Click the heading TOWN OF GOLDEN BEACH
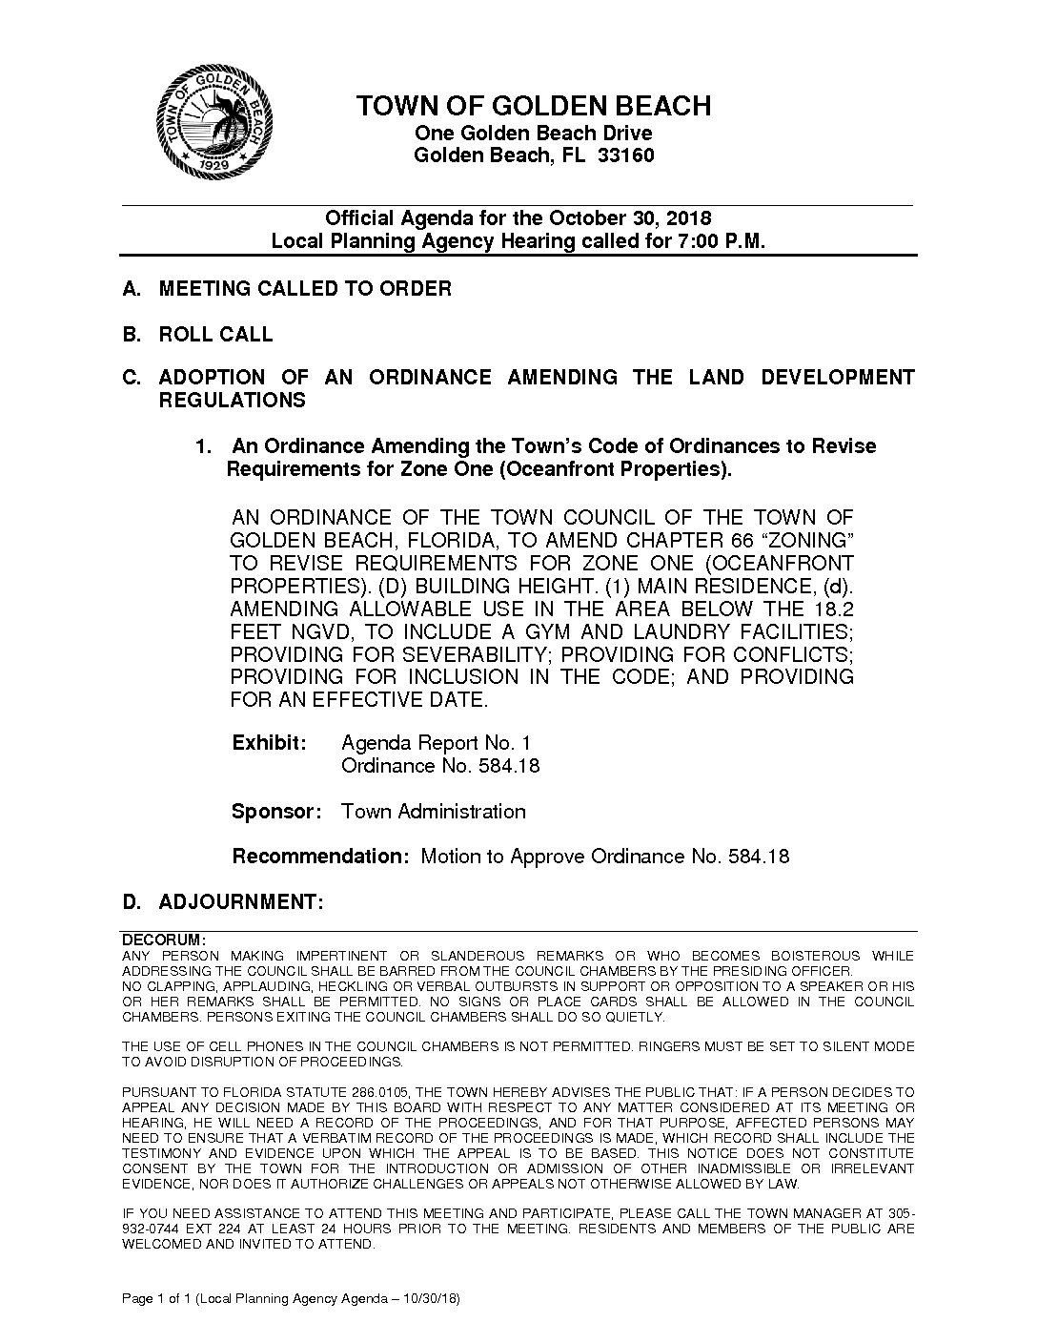[x=534, y=106]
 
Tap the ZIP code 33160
[x=625, y=155]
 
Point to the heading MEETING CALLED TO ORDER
[x=305, y=288]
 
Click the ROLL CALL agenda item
[x=215, y=335]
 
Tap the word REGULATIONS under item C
[x=232, y=401]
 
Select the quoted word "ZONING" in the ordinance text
[x=807, y=540]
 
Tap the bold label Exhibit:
[x=269, y=742]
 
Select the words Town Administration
[x=434, y=812]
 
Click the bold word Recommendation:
[x=320, y=856]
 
